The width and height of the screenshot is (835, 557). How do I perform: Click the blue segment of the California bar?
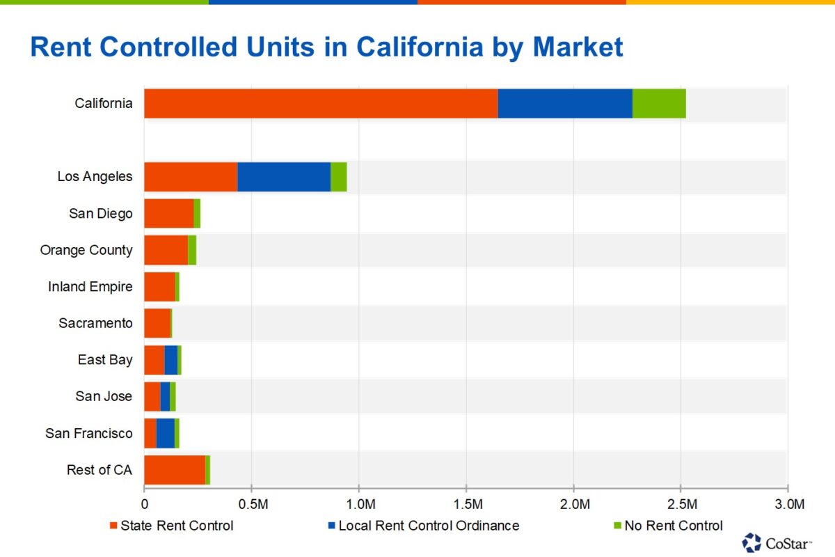pyautogui.click(x=565, y=104)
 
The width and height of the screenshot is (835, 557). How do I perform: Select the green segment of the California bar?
pyautogui.click(x=659, y=104)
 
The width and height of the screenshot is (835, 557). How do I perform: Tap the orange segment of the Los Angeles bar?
pyautogui.click(x=191, y=177)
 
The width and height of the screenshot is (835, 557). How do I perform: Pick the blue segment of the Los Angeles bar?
pyautogui.click(x=284, y=177)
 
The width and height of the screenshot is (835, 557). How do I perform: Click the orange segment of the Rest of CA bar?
pyautogui.click(x=175, y=470)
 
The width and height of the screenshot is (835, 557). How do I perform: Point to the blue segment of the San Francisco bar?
pyautogui.click(x=165, y=433)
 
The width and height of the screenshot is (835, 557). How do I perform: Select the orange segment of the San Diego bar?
pyautogui.click(x=168, y=213)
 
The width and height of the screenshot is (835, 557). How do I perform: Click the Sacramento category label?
pyautogui.click(x=95, y=323)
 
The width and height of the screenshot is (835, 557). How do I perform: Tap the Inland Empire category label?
pyautogui.click(x=90, y=286)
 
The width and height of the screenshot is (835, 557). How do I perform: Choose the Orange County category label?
pyautogui.click(x=86, y=250)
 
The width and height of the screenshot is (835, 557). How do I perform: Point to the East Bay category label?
pyautogui.click(x=105, y=360)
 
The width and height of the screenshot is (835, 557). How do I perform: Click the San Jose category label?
pyautogui.click(x=104, y=396)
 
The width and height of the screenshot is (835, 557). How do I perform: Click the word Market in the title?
pyautogui.click(x=578, y=47)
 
